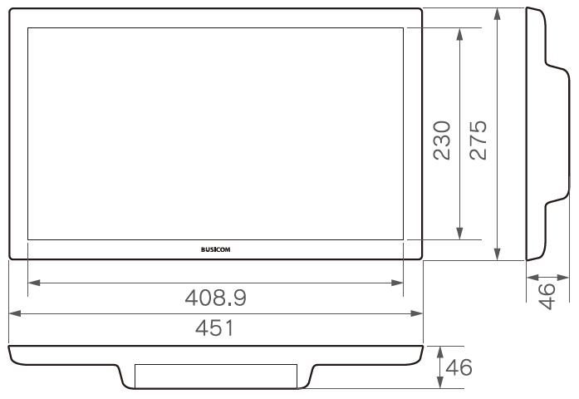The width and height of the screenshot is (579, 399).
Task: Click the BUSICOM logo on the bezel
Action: pyautogui.click(x=216, y=249)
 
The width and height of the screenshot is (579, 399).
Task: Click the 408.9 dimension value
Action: pyautogui.click(x=216, y=298)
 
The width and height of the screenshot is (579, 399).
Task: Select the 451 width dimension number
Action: pyautogui.click(x=214, y=328)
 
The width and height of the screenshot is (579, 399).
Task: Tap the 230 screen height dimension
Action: pyautogui.click(x=442, y=140)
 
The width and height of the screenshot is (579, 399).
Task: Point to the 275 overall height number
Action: pyautogui.click(x=478, y=140)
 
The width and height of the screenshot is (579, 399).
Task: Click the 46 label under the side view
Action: pyautogui.click(x=547, y=296)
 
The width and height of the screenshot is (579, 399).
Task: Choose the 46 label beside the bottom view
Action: pyautogui.click(x=459, y=367)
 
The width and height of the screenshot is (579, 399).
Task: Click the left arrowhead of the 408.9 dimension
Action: pyautogui.click(x=34, y=283)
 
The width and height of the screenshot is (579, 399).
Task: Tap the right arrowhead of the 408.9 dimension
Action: pyautogui.click(x=397, y=283)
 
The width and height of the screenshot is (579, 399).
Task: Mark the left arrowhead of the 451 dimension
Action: pyautogui.click(x=15, y=313)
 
